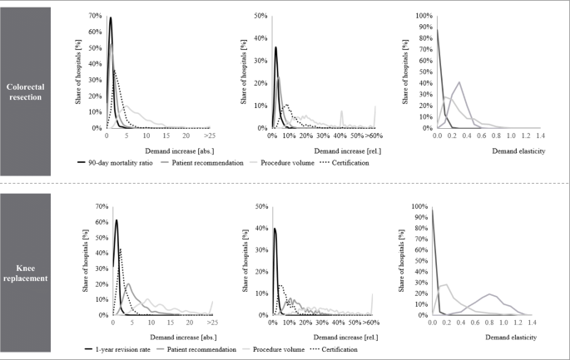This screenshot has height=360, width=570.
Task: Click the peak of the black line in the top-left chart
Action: pyautogui.click(x=110, y=18)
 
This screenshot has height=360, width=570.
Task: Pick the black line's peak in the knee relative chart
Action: pyautogui.click(x=275, y=228)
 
